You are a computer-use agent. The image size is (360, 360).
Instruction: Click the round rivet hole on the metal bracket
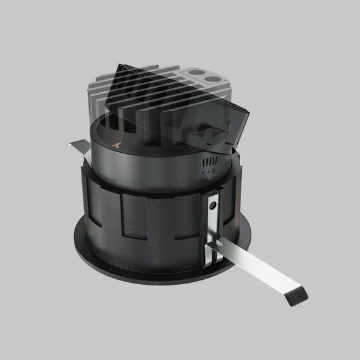[x=214, y=205]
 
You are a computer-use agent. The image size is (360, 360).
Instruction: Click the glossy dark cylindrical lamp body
[x=145, y=171]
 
